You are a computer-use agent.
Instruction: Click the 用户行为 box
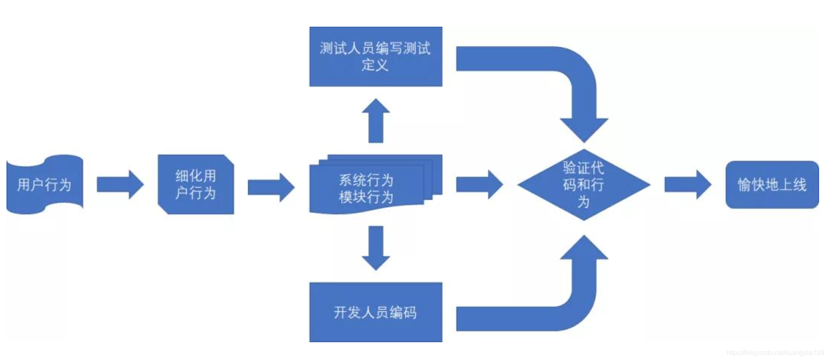pos(45,184)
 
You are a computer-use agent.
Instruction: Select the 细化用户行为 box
pos(196,184)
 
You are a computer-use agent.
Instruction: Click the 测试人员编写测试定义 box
pos(376,57)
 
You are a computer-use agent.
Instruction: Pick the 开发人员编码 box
pos(376,312)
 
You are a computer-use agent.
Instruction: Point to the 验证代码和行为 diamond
pos(584,184)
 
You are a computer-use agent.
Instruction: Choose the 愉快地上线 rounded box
pos(772,184)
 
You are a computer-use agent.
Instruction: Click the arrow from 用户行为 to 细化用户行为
pos(120,184)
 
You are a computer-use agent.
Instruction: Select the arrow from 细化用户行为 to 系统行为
pos(271,187)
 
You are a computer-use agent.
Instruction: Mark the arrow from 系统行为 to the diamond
pos(479,184)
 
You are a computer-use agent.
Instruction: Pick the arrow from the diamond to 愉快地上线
pos(688,184)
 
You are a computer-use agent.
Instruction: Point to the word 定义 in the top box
pos(375,65)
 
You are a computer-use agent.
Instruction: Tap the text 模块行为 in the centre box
pos(366,197)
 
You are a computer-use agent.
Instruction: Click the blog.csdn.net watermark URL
pos(775,353)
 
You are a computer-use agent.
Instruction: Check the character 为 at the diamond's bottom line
pos(584,201)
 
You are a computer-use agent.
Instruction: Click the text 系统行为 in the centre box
pos(366,180)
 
